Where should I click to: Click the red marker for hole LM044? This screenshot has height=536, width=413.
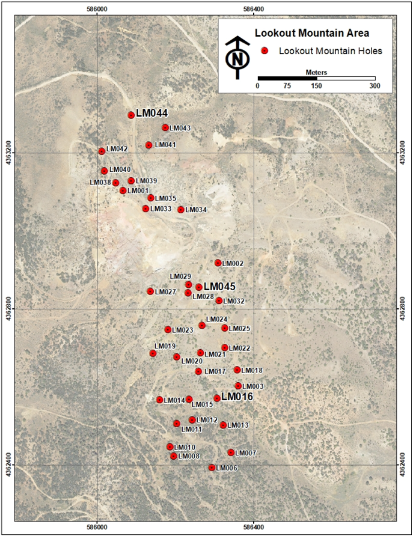point(131,115)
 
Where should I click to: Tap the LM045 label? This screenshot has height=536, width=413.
point(219,287)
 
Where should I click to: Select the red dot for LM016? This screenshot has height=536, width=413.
point(217,398)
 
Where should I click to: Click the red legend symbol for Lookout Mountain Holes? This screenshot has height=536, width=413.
point(263,52)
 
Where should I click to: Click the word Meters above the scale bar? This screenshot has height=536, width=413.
point(316,72)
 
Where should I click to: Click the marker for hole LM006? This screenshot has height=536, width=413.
point(212,467)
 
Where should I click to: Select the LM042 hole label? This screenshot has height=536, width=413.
point(117,149)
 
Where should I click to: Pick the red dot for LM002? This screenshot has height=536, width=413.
point(218,263)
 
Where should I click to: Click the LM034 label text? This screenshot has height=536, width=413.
point(196,210)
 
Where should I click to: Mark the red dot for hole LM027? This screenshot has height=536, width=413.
point(150,291)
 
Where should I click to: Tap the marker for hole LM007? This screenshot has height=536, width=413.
point(231,452)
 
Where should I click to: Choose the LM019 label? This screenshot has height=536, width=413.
point(165,346)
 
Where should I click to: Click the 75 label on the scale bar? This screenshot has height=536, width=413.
point(287,86)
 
